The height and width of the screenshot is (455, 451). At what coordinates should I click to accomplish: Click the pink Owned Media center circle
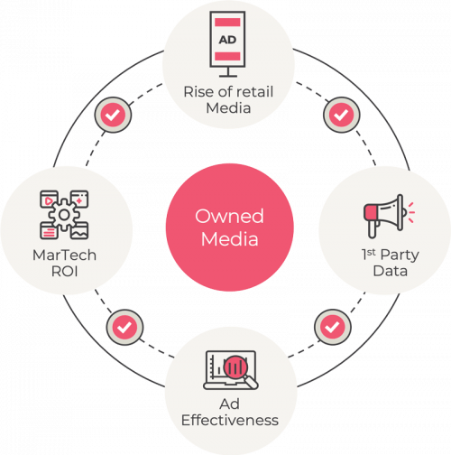click(230, 227)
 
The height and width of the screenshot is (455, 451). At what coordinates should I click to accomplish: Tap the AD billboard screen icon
click(227, 44)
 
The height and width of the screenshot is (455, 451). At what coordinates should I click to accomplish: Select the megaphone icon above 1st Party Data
click(389, 216)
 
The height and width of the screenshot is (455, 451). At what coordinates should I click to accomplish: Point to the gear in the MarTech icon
click(64, 215)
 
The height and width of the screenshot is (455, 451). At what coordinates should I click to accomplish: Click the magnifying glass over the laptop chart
click(240, 371)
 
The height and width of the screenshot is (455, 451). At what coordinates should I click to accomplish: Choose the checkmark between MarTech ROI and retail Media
click(113, 115)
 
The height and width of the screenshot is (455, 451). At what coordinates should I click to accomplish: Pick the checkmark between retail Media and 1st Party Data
click(341, 115)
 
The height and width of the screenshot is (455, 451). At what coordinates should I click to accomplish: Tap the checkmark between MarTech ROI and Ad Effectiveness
click(124, 327)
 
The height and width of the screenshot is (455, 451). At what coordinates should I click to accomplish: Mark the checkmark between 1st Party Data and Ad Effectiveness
click(333, 327)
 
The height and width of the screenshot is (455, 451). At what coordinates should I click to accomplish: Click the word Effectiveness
click(230, 420)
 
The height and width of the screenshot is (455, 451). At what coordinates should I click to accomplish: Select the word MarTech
click(64, 255)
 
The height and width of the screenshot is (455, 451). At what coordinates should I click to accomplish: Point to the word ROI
click(65, 272)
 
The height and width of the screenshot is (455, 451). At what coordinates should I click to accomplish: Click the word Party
click(400, 255)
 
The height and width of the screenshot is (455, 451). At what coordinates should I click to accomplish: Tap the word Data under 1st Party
click(391, 271)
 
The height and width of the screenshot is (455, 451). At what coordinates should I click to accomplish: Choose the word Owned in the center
click(229, 216)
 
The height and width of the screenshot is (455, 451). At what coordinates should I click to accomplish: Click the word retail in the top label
click(255, 91)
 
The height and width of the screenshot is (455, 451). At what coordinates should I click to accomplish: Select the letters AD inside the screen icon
click(227, 40)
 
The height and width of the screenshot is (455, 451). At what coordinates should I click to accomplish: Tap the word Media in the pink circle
click(230, 239)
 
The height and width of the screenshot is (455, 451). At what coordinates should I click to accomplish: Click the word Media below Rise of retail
click(228, 107)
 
